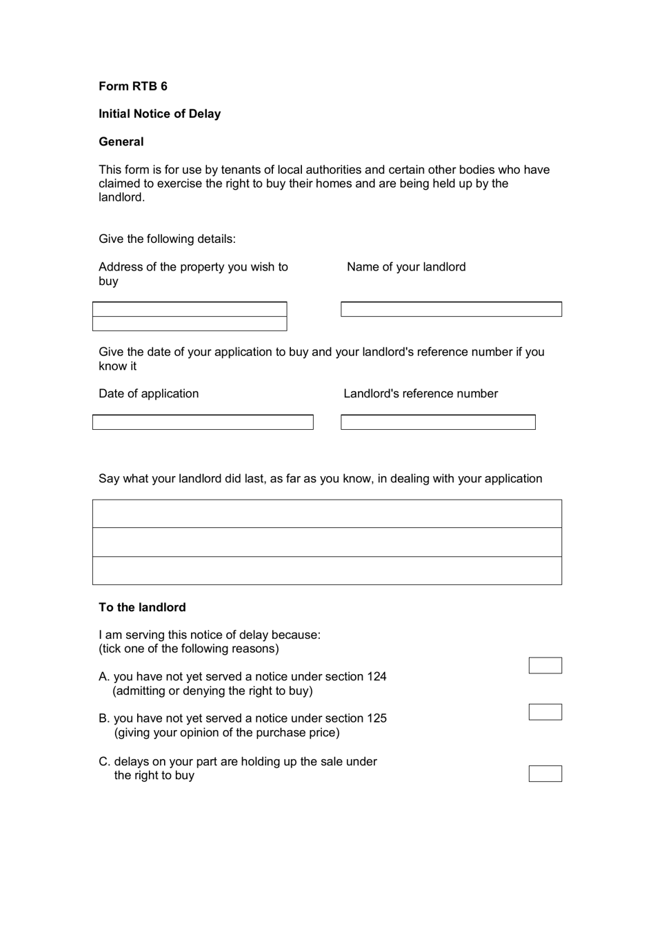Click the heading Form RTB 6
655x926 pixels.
coord(133,86)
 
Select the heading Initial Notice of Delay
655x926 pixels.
coord(159,114)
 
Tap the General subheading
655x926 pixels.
coord(121,141)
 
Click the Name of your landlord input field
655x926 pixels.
coord(451,309)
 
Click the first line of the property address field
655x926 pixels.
coord(190,309)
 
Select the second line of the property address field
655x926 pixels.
coord(190,324)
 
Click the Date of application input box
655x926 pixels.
coord(203,422)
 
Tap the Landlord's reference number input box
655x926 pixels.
coord(438,422)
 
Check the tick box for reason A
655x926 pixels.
coord(545,665)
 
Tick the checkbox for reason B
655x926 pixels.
coord(545,712)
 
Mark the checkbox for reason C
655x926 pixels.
coord(545,774)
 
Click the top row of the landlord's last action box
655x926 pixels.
coord(327,514)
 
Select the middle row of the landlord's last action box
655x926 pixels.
coord(327,542)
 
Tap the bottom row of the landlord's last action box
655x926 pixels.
coord(327,571)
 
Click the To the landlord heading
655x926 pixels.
coord(142,607)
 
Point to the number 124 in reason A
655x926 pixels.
coord(376,677)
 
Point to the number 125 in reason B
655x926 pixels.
coord(376,718)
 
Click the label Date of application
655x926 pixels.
coord(148,393)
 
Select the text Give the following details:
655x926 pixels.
coord(167,239)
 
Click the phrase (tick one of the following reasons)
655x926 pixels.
coord(189,649)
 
